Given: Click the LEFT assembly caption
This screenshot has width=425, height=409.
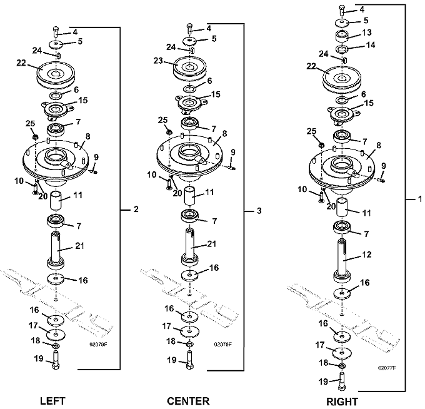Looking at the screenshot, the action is [53, 401].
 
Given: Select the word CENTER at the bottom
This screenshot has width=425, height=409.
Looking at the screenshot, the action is [188, 401].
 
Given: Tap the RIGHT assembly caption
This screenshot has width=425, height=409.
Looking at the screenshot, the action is [342, 401].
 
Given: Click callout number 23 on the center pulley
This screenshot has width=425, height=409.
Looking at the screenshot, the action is [158, 61].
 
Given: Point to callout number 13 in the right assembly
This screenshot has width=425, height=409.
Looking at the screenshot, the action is [367, 33].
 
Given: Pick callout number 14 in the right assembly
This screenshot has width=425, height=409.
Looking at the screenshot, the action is [371, 44].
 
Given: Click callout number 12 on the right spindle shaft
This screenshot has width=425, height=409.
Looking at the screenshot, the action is [366, 255].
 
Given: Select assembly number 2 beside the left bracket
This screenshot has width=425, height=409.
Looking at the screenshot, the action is [136, 209].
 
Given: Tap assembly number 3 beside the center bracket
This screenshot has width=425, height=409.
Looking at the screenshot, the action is [259, 211].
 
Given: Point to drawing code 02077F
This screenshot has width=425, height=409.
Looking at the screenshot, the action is [387, 368].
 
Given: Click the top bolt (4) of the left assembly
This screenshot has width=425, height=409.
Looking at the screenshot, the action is [56, 33].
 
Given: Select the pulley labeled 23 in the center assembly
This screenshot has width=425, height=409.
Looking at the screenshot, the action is [190, 68].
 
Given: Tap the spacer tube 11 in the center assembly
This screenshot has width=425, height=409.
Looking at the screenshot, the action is [190, 196].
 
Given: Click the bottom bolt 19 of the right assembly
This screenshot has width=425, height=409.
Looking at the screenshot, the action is [342, 381].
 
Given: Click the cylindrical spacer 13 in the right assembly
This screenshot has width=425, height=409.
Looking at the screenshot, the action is [342, 36].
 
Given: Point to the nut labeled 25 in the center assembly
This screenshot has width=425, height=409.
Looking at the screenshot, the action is [169, 132].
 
